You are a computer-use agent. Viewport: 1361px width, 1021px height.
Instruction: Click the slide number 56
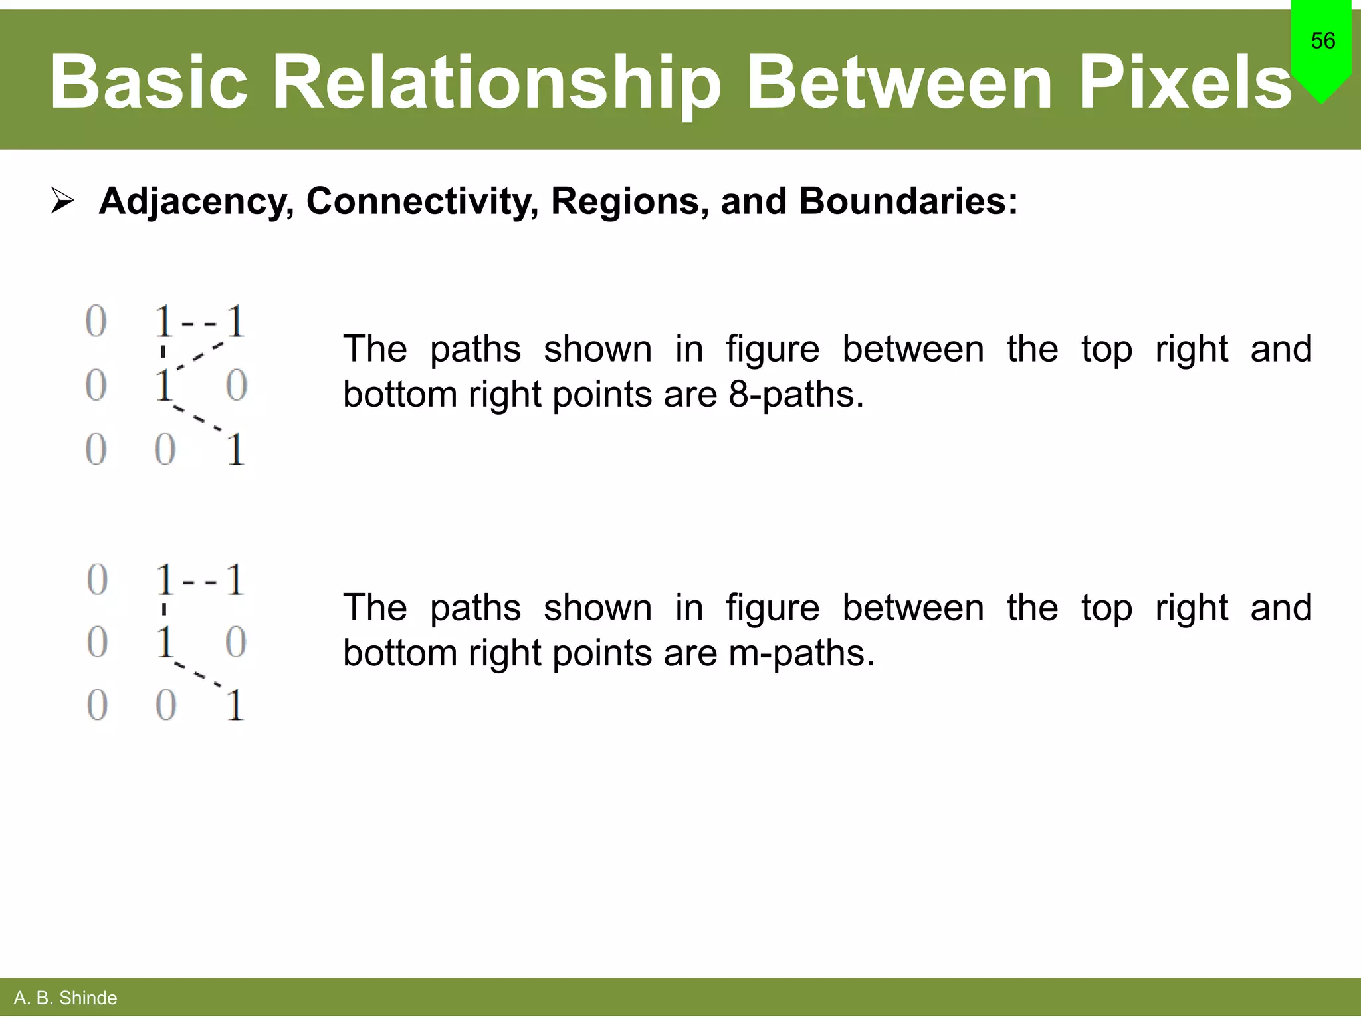tap(1322, 41)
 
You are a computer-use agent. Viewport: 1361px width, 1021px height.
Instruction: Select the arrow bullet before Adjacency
tap(62, 201)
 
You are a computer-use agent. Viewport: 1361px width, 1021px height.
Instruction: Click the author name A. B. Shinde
tap(65, 998)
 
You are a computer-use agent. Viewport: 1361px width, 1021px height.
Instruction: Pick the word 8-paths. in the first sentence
tap(796, 394)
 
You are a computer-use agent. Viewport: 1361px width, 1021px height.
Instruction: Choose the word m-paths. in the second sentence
tap(801, 653)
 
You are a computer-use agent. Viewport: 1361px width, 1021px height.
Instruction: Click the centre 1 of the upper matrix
tap(163, 386)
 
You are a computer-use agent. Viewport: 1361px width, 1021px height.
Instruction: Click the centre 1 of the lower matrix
tap(165, 642)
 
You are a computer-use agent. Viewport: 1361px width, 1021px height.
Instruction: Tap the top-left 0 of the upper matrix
tap(96, 322)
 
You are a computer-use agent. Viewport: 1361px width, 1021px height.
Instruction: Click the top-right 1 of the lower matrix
tap(235, 580)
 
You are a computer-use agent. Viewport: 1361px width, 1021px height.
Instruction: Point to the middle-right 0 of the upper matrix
tap(237, 386)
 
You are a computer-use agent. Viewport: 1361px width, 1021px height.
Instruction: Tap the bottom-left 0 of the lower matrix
tap(97, 705)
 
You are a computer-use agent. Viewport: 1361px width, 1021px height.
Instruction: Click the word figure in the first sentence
tap(772, 349)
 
